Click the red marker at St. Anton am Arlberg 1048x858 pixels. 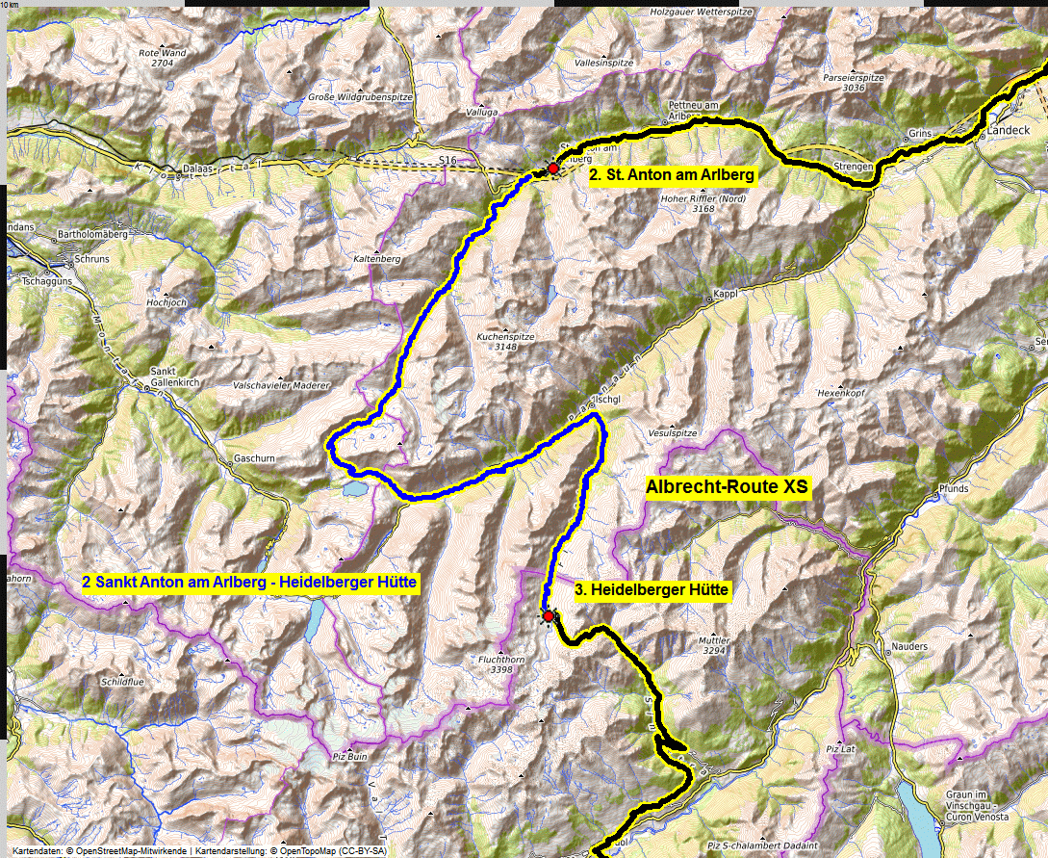[x=552, y=169]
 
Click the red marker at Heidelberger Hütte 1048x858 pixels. [x=549, y=615]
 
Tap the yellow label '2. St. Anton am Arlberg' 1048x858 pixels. [x=672, y=175]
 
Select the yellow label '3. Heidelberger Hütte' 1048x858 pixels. [x=652, y=589]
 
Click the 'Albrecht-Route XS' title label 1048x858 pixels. [x=728, y=488]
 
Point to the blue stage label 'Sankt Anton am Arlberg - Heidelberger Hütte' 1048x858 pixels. [x=249, y=583]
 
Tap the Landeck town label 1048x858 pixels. [x=1008, y=128]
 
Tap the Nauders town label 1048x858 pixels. [x=908, y=646]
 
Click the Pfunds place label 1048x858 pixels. [x=953, y=489]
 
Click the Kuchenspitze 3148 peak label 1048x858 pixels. [x=499, y=343]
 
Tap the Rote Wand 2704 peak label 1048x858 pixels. [x=162, y=57]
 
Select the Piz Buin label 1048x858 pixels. [x=347, y=757]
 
